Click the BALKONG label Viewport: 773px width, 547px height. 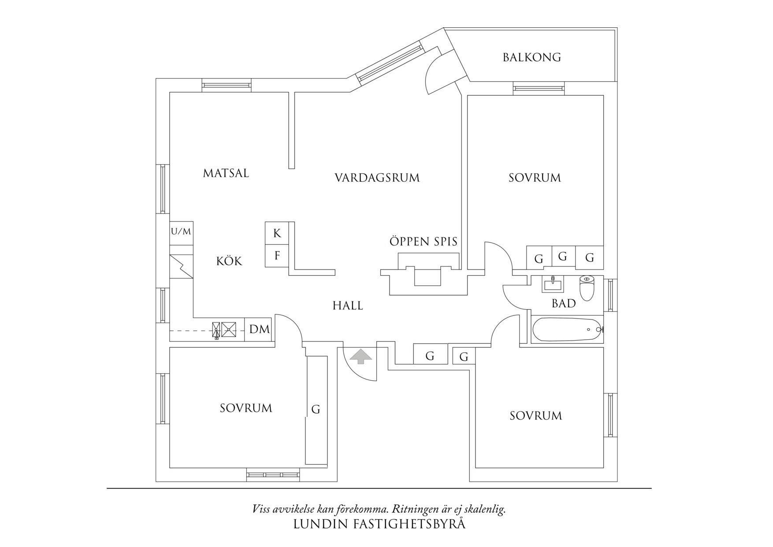coord(531,57)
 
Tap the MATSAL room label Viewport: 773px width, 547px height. coord(226,173)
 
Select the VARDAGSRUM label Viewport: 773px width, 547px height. coord(377,178)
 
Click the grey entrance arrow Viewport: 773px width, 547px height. coord(360,356)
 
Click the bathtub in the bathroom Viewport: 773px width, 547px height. coord(566,330)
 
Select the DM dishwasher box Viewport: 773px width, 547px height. coord(259,329)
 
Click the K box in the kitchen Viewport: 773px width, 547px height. coord(277,233)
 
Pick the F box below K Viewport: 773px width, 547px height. coord(277,255)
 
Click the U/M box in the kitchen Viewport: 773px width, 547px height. coord(181,232)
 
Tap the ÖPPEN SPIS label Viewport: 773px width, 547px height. coord(423,242)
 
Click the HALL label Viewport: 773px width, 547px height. coord(348,305)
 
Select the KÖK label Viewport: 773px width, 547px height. coord(229,261)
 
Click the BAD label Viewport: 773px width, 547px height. coord(564,303)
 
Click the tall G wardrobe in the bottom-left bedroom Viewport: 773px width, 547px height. coord(316,409)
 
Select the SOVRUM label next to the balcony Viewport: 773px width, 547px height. coord(535,178)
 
